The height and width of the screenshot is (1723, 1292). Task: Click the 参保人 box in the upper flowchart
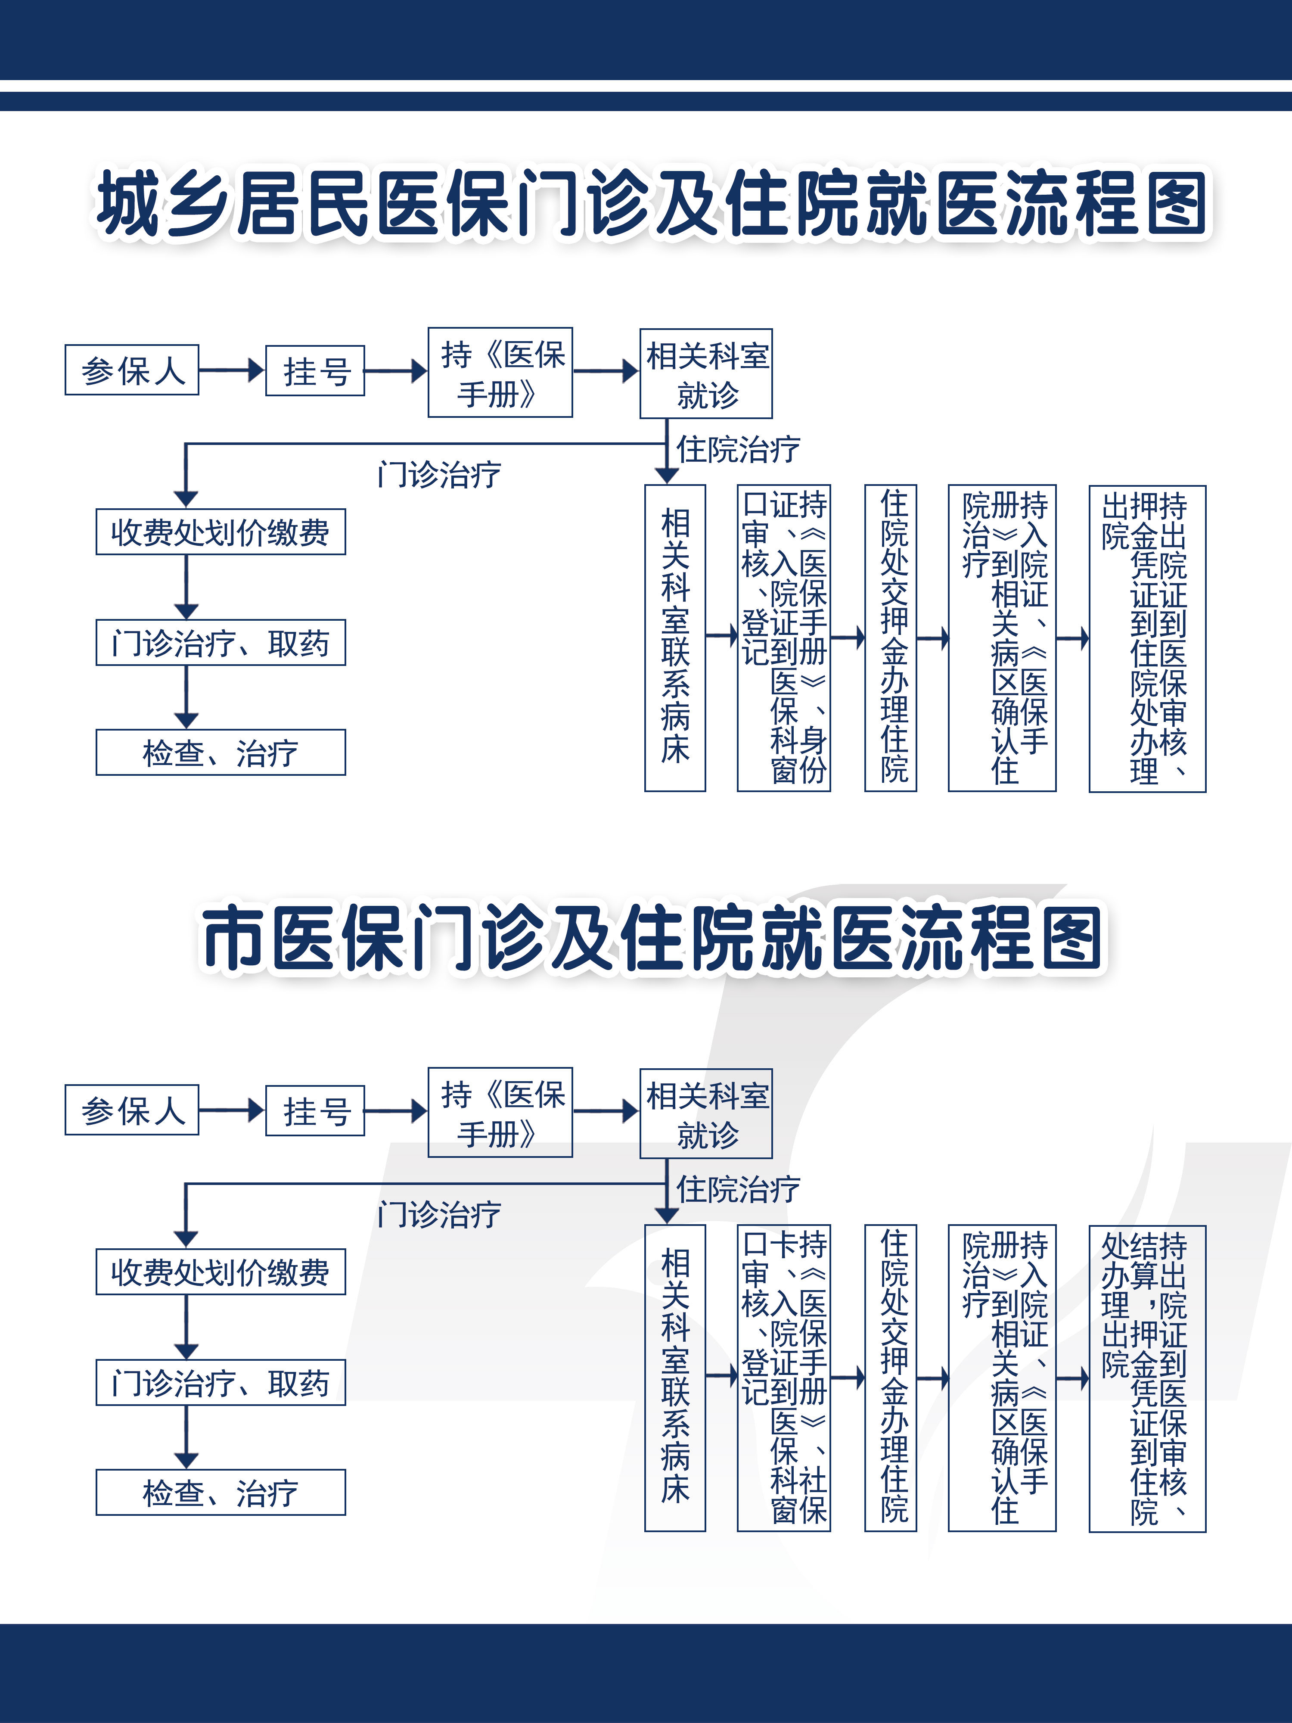[x=132, y=370]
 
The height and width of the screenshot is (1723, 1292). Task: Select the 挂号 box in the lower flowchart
[x=315, y=1111]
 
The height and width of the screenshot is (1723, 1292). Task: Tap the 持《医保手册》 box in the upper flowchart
[x=500, y=372]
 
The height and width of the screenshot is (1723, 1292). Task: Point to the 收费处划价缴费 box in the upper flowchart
[x=221, y=532]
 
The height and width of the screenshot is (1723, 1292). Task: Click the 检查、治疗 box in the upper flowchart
[x=221, y=753]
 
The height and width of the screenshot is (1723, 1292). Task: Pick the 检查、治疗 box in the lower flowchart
[x=221, y=1493]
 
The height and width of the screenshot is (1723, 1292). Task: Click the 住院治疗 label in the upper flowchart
[x=737, y=449]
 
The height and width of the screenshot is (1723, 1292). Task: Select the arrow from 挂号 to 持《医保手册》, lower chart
[x=396, y=1111]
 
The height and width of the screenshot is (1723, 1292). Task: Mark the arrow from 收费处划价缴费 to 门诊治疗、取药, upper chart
[x=186, y=587]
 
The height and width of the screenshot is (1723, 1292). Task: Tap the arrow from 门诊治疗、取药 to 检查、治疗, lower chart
[x=186, y=1437]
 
